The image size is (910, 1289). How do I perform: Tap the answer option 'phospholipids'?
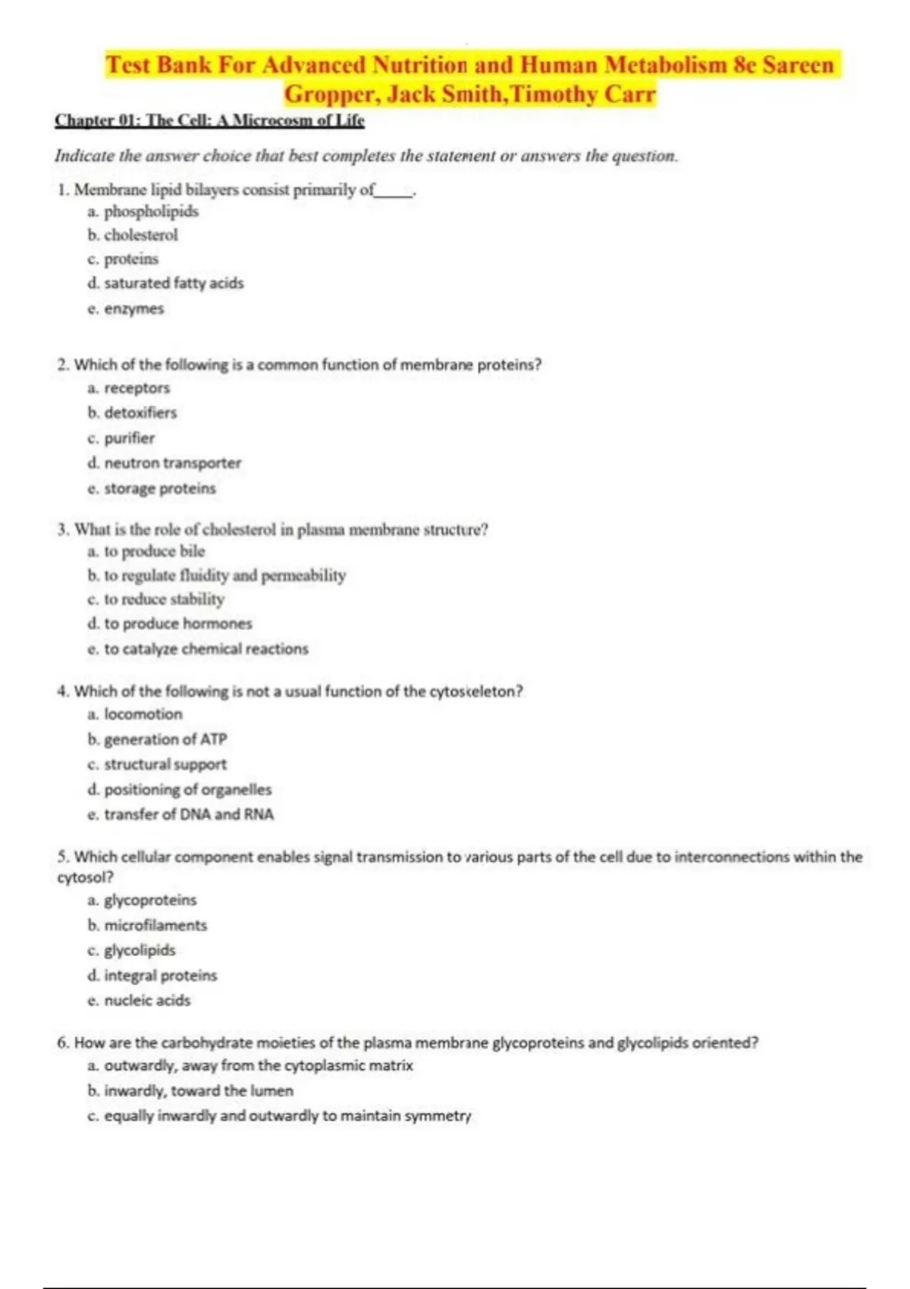(151, 212)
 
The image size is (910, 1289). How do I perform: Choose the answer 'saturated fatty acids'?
(174, 283)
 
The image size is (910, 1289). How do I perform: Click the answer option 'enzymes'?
(133, 309)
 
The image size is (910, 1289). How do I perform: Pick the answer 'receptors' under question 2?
(136, 388)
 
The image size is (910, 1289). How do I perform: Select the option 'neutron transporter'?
(172, 463)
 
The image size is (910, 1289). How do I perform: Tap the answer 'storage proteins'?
(159, 488)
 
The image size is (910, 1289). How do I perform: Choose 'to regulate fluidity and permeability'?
(224, 576)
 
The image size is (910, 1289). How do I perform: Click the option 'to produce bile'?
(154, 551)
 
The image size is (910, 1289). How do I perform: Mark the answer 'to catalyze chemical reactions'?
(206, 649)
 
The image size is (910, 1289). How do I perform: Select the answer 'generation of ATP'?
(165, 739)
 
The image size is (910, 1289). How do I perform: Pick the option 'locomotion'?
(143, 714)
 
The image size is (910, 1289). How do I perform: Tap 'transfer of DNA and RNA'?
(189, 814)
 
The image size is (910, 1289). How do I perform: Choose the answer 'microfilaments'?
(155, 925)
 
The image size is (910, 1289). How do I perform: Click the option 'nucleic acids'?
(147, 1000)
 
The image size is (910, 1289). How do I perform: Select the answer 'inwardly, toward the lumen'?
(198, 1090)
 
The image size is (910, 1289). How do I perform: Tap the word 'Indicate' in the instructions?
(84, 156)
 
